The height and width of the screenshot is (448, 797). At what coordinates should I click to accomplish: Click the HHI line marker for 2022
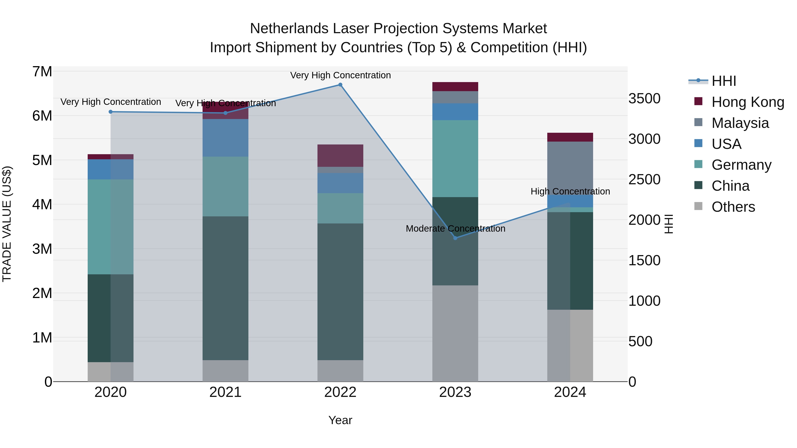340,85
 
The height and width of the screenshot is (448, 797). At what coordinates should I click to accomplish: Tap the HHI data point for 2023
455,238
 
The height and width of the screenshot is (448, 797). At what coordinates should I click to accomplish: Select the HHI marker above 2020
110,112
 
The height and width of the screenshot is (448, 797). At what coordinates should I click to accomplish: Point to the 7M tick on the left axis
42,72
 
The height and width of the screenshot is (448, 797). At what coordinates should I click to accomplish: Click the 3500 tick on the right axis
644,99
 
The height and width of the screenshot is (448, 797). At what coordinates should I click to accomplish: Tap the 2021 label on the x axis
225,392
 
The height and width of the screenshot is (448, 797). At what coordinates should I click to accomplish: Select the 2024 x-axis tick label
570,392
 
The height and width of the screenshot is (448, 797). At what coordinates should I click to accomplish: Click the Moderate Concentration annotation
455,229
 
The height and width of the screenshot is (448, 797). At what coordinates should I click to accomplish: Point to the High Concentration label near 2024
570,191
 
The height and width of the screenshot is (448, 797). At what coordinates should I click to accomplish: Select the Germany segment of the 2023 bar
455,158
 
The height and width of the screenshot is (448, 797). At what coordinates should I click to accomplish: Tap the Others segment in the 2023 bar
455,333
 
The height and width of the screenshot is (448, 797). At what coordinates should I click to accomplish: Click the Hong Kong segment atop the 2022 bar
340,156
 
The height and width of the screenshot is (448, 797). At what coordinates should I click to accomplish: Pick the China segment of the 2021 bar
225,288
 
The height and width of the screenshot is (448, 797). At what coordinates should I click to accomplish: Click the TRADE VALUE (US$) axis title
7,224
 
